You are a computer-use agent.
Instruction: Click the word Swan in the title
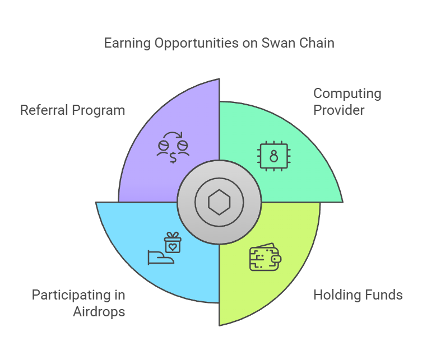[277, 43]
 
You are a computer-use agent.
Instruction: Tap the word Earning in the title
[127, 44]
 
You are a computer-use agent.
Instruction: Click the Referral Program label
[73, 110]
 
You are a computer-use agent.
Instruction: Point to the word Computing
[347, 94]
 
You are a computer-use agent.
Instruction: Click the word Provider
[339, 110]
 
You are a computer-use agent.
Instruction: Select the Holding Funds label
[358, 294]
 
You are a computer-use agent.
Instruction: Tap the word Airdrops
[99, 312]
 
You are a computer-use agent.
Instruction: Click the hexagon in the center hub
[219, 202]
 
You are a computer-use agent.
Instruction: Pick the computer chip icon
[273, 156]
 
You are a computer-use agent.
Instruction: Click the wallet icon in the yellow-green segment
[266, 257]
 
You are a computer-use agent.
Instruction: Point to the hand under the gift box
[161, 258]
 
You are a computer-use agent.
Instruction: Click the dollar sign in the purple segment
[173, 157]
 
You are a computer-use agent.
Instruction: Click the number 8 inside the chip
[273, 156]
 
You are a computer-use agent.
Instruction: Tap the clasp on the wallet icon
[276, 259]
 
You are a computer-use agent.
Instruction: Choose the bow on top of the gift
[173, 235]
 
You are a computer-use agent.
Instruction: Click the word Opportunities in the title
[197, 44]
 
